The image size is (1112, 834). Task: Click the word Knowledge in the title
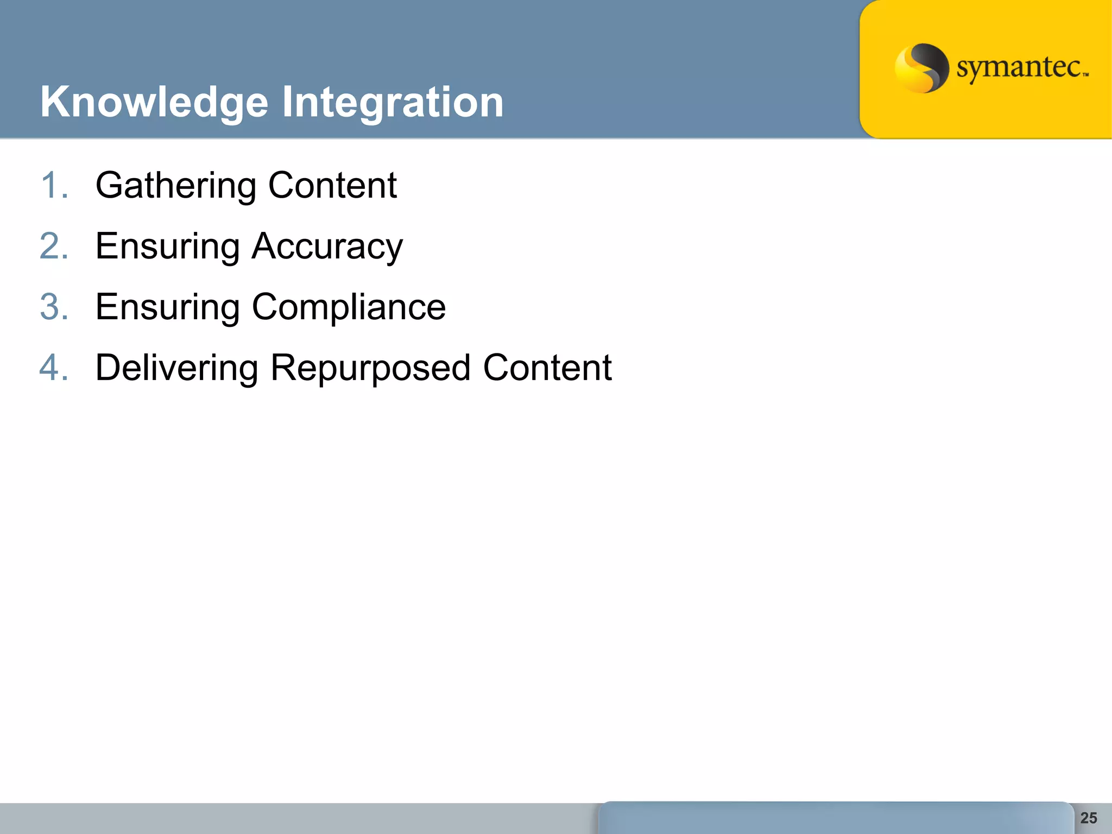pyautogui.click(x=154, y=102)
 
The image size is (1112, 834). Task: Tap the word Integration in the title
pyautogui.click(x=393, y=102)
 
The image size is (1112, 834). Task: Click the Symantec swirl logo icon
pyautogui.click(x=921, y=68)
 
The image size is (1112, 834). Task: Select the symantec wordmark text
pyautogui.click(x=1019, y=68)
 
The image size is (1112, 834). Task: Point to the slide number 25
pyautogui.click(x=1088, y=818)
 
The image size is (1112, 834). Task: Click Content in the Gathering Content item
pyautogui.click(x=332, y=185)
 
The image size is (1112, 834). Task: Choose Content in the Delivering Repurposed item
pyautogui.click(x=547, y=368)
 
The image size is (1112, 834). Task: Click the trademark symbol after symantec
pyautogui.click(x=1085, y=75)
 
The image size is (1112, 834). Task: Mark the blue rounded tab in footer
pyautogui.click(x=836, y=818)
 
